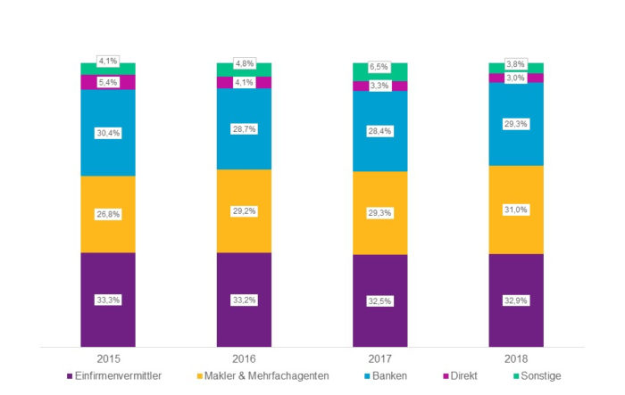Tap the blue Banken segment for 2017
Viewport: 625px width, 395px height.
[380, 147]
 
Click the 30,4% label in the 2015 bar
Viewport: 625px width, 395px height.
[108, 133]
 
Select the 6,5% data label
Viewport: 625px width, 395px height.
[380, 67]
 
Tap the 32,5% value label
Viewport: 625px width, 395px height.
[380, 301]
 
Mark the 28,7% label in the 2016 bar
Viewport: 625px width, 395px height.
[244, 129]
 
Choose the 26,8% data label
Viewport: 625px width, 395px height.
[108, 214]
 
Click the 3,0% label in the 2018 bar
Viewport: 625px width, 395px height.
[516, 78]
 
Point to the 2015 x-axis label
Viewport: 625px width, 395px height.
[108, 358]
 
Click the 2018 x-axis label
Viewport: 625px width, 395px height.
[516, 358]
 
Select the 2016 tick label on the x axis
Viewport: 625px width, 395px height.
[244, 358]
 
